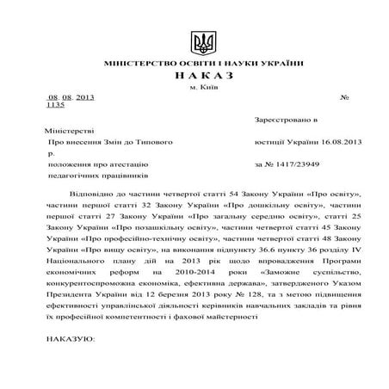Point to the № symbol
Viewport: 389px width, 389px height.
pyautogui.click(x=344, y=97)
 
